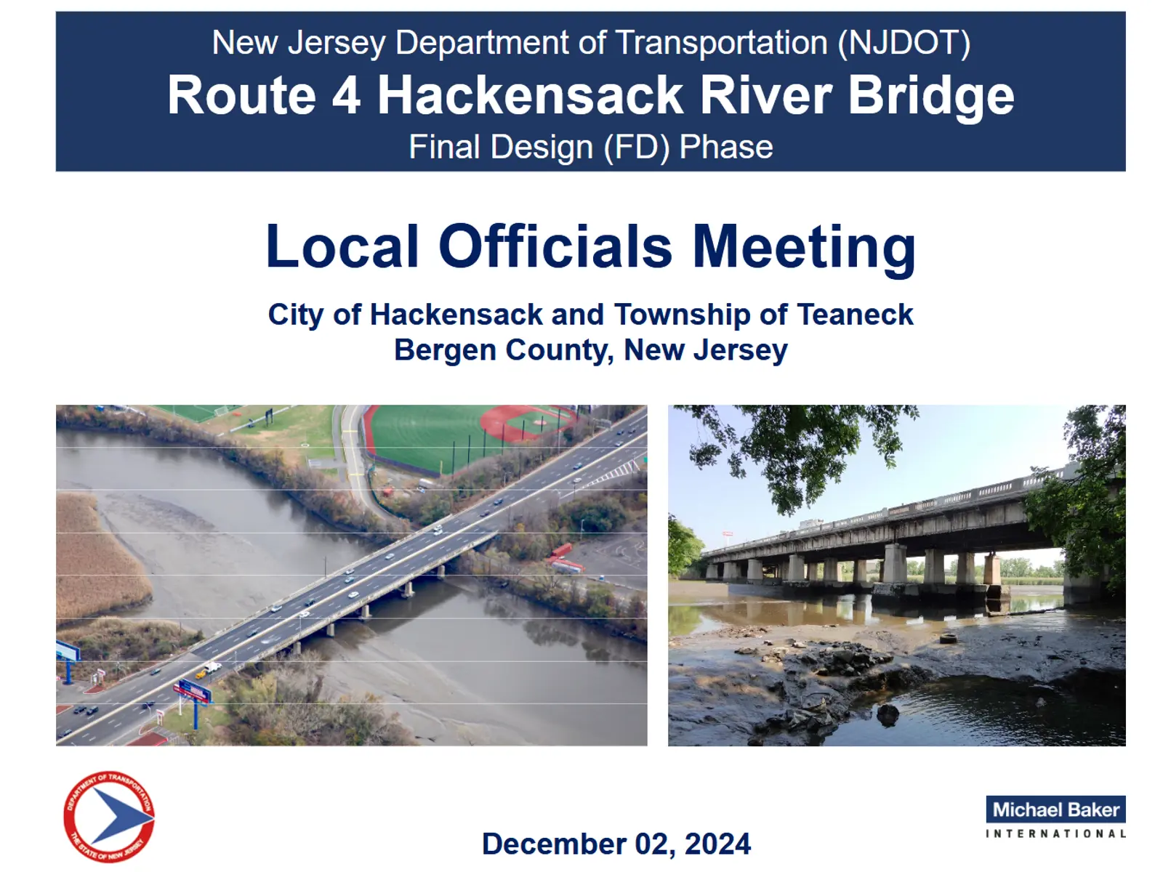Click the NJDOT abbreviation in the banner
click(904, 43)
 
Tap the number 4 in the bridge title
click(347, 95)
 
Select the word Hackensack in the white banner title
click(530, 95)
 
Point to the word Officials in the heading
click(555, 247)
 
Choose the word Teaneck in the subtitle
click(855, 315)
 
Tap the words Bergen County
click(503, 350)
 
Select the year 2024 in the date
click(717, 844)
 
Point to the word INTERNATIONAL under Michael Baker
click(1055, 834)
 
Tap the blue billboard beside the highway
click(193, 691)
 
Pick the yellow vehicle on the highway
click(201, 674)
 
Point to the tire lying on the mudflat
click(949, 639)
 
